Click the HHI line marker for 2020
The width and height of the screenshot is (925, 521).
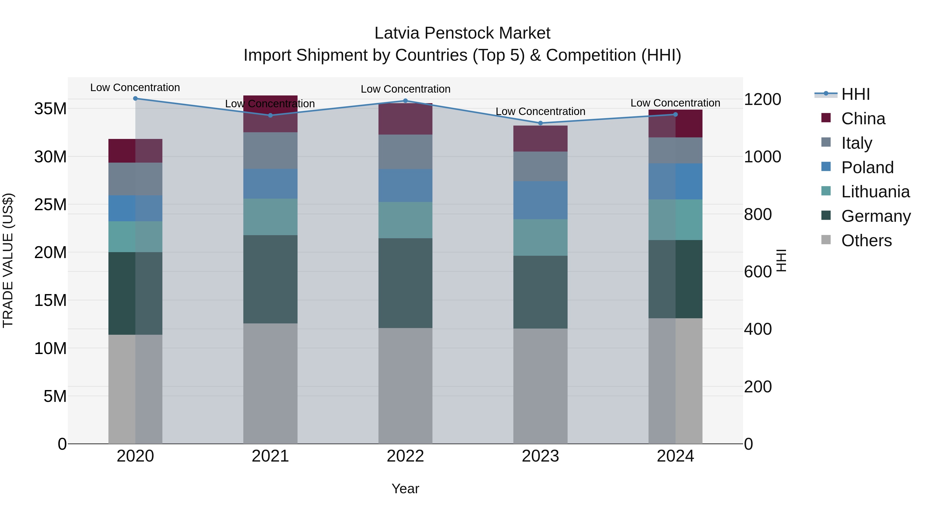coord(135,99)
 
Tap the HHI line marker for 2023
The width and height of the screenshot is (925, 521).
coord(540,123)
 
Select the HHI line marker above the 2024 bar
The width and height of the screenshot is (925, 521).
coord(676,114)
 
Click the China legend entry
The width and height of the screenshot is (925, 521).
coord(863,119)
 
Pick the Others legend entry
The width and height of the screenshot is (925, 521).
coord(866,241)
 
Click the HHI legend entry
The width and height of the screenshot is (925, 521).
coord(855,94)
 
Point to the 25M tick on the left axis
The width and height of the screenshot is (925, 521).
coord(50,205)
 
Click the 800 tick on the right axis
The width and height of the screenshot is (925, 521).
coord(758,214)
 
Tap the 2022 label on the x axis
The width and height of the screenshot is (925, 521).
coord(405,456)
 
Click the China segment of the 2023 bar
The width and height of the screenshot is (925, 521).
coord(540,138)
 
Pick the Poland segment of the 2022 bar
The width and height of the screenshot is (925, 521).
coord(405,186)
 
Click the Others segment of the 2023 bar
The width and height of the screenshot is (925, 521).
coord(540,386)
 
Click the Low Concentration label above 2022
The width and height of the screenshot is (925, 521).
coord(405,89)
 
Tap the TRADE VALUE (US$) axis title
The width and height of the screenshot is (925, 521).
coord(8,260)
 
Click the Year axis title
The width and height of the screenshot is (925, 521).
coord(405,489)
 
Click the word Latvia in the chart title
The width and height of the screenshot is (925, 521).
coord(397,33)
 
